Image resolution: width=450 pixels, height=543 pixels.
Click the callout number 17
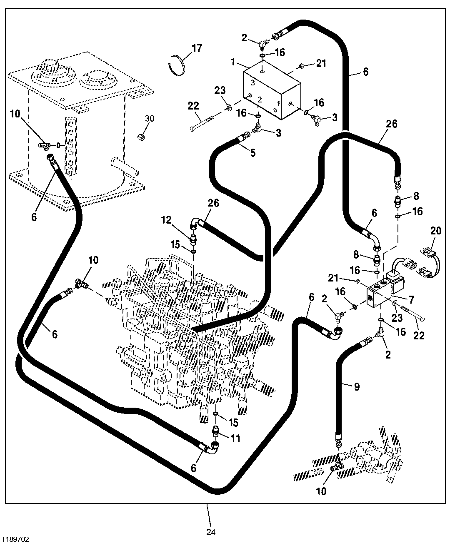[196, 48]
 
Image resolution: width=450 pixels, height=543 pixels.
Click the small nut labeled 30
[141, 136]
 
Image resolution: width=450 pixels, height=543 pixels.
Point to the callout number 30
[149, 119]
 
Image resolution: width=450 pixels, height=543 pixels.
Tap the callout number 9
[356, 387]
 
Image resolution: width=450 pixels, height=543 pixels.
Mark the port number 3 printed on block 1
[252, 83]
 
